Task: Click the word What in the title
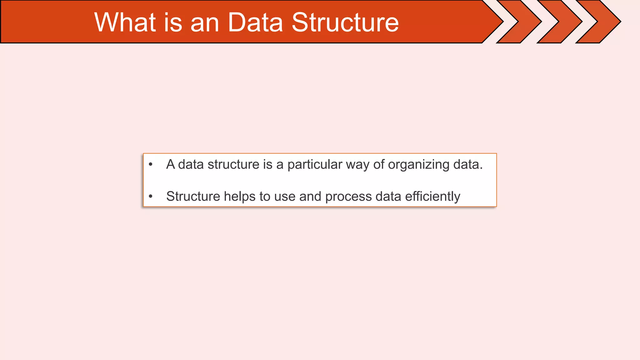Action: (125, 22)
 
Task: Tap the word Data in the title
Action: (255, 22)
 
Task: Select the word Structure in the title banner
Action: (345, 22)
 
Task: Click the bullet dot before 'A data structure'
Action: (151, 164)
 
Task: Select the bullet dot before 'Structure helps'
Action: (151, 197)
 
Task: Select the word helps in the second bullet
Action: (240, 197)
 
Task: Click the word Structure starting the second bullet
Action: (193, 197)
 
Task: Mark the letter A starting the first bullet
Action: (170, 165)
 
